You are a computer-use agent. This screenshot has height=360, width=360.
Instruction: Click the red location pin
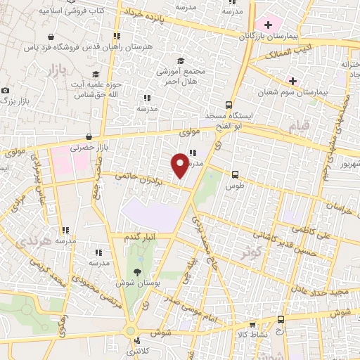[x=180, y=164]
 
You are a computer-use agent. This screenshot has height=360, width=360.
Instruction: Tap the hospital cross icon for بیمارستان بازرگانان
[x=268, y=24]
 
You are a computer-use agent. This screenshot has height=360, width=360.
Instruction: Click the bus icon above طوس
[x=234, y=175]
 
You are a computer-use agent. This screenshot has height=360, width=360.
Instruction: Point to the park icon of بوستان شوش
[x=136, y=272]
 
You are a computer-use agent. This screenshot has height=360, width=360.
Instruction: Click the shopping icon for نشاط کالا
[x=252, y=325]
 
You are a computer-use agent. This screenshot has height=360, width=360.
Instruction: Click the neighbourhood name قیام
[x=300, y=127]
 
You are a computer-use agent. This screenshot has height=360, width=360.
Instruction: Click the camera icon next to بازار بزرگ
[x=6, y=91]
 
